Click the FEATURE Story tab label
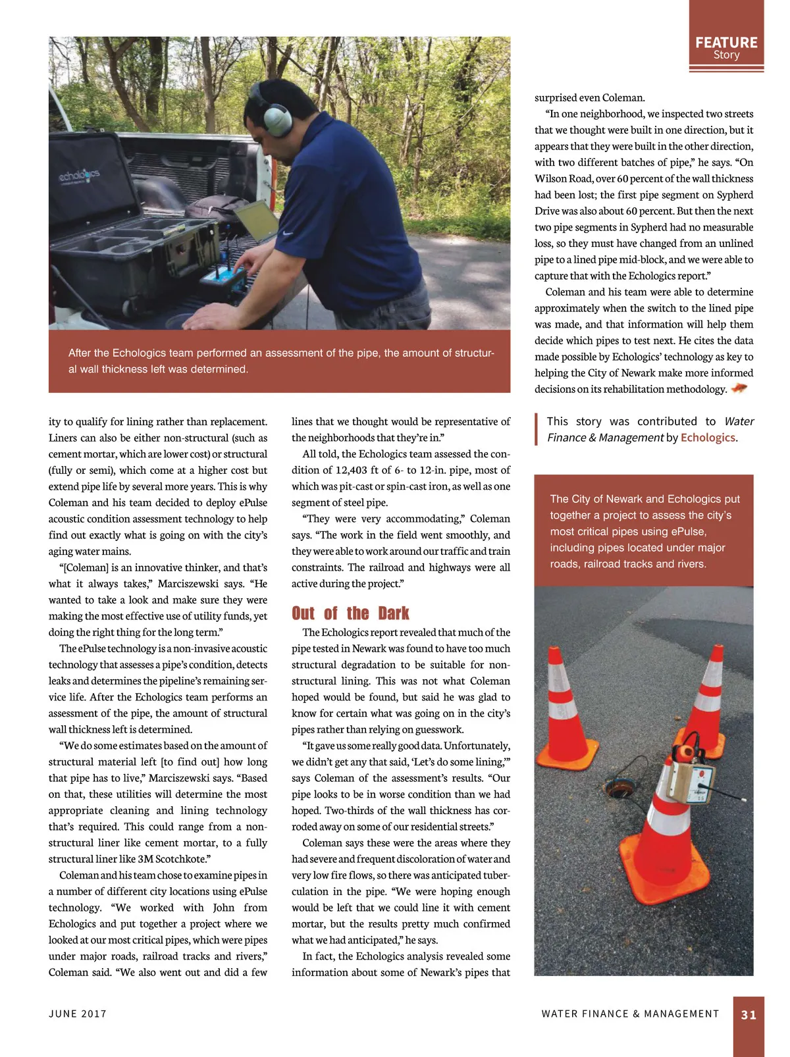click(726, 47)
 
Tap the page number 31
click(749, 1015)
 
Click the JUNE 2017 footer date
click(78, 1014)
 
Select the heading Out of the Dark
click(350, 613)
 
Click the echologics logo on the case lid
click(79, 176)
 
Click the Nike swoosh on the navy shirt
click(288, 233)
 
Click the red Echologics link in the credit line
click(708, 438)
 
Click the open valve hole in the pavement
click(619, 788)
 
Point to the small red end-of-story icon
click(739, 388)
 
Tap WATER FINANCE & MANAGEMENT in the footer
click(630, 1014)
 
